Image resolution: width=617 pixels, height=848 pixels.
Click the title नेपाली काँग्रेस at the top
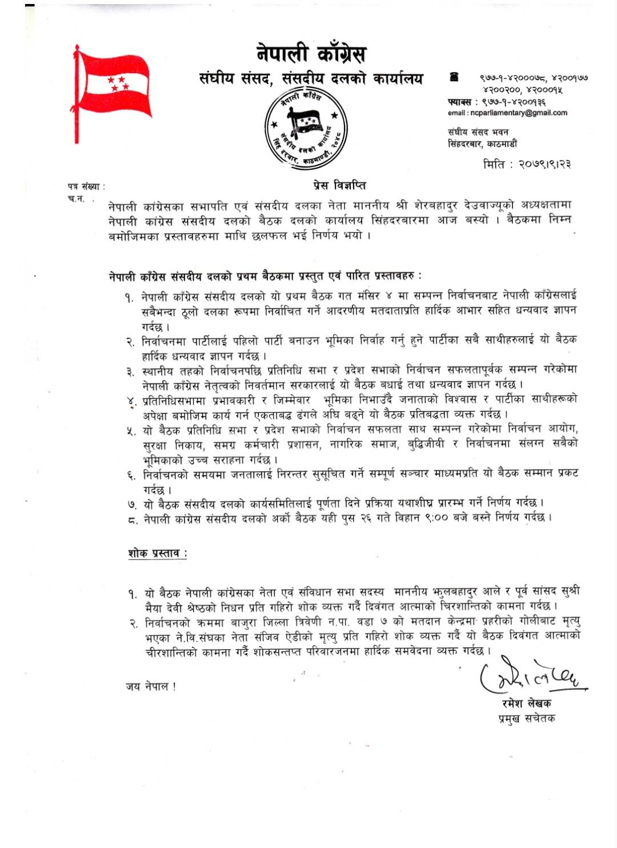point(311,54)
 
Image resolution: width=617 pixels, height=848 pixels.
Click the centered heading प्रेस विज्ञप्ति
point(339,185)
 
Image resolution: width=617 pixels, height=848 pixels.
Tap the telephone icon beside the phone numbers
point(454,77)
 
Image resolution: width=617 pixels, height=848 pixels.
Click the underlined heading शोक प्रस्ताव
point(157,553)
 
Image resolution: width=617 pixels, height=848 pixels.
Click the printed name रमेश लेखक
point(526,703)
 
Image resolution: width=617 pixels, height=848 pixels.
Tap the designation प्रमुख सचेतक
point(526,718)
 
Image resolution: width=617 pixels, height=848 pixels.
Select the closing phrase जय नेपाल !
point(151,686)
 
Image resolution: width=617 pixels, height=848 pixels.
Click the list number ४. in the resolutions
point(132,401)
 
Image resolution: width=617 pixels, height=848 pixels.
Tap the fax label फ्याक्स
point(460,102)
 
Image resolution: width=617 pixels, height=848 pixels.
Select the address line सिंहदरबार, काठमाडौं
point(482,144)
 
